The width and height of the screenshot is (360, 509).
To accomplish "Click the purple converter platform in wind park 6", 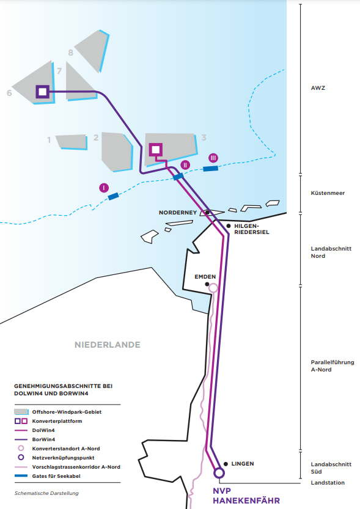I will (42, 92).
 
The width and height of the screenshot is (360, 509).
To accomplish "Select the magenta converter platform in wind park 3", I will (155, 149).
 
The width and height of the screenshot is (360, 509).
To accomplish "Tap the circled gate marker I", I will (104, 188).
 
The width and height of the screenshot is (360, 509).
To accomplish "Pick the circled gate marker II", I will (186, 165).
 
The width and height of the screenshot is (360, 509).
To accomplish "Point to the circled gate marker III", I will (213, 158).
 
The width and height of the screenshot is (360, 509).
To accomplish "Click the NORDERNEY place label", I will (177, 213).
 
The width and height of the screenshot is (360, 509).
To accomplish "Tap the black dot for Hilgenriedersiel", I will (228, 225).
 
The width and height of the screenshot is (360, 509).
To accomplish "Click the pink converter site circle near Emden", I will (213, 288).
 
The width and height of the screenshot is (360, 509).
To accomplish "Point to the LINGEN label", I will (243, 464).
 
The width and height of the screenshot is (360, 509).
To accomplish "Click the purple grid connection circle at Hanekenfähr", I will (219, 472).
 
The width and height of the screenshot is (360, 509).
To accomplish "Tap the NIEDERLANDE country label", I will (108, 345).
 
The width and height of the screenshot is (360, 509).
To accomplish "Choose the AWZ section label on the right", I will (318, 88).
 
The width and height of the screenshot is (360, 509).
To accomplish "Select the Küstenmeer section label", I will (328, 193).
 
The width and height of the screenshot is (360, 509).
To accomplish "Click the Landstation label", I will (327, 483).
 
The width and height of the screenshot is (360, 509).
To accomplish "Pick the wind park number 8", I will (71, 53).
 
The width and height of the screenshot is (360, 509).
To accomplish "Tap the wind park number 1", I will (49, 140).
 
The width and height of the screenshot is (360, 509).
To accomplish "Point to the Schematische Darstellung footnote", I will (46, 493).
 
